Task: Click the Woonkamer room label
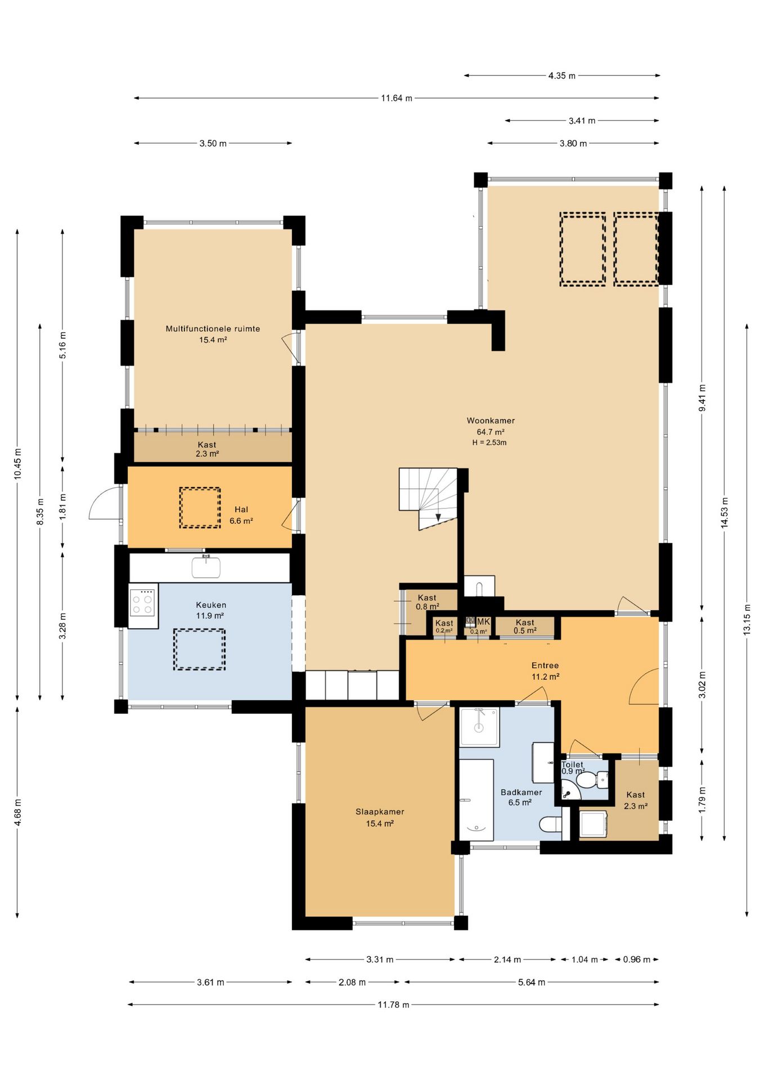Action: click(491, 421)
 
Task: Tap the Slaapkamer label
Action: click(380, 812)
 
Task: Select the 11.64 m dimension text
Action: click(397, 98)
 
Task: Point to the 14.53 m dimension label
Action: click(725, 512)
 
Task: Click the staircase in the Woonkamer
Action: click(429, 498)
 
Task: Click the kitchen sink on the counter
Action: click(206, 566)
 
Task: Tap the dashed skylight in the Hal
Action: click(200, 507)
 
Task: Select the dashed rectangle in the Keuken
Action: click(199, 650)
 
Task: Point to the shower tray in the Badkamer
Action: click(479, 727)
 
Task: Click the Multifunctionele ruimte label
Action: click(213, 329)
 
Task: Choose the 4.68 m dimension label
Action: click(18, 812)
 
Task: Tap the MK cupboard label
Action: click(483, 622)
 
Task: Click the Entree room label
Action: click(545, 665)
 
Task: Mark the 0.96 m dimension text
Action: click(636, 960)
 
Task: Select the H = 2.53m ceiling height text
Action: click(489, 443)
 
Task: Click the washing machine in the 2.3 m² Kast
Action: click(593, 824)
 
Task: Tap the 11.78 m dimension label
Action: click(393, 1005)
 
